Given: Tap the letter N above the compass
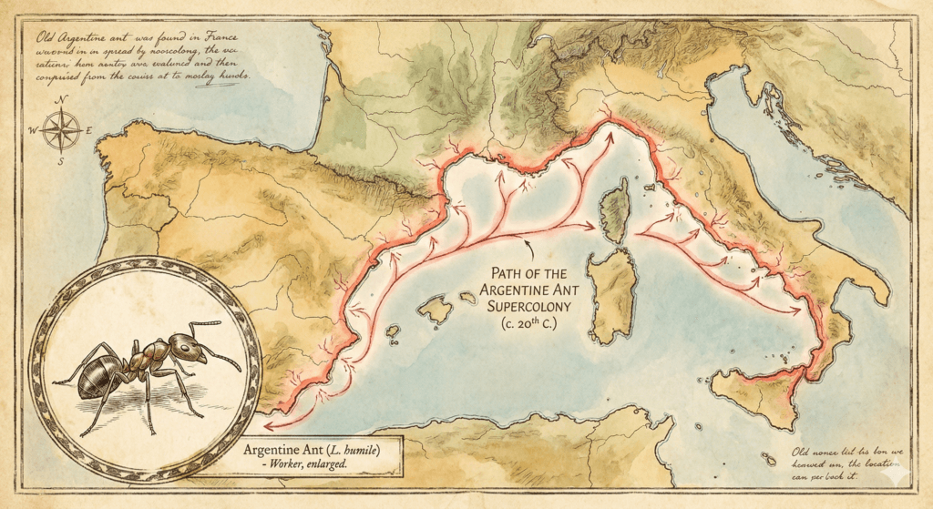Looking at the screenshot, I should click(60, 101).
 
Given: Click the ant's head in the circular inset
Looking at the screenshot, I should click(186, 346).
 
